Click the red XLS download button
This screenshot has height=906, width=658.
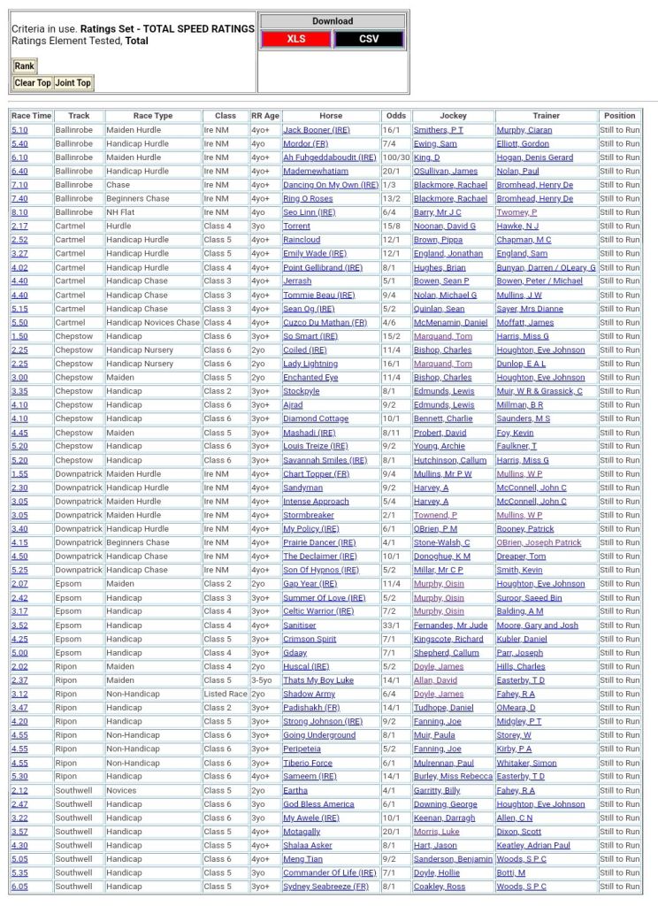tap(295, 39)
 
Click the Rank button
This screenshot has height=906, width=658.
tap(24, 65)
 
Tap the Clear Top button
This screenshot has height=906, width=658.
tap(33, 83)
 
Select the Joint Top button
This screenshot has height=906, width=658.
tap(73, 83)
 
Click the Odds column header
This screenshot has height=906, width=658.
tap(396, 116)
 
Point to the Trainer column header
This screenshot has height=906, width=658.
tap(546, 116)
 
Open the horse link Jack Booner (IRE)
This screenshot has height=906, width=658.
tap(316, 130)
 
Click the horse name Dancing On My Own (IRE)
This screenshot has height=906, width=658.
tap(320, 185)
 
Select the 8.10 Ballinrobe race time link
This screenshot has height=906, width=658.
tap(19, 212)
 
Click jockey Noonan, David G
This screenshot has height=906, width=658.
tap(442, 226)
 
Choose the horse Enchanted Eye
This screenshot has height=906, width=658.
tap(310, 378)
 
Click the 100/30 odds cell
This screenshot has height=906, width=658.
tap(396, 157)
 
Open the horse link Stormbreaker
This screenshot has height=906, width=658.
tap(309, 515)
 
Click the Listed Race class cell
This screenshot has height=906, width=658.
tap(225, 695)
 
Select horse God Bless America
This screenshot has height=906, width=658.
tap(318, 804)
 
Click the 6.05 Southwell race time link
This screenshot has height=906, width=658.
tap(19, 887)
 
